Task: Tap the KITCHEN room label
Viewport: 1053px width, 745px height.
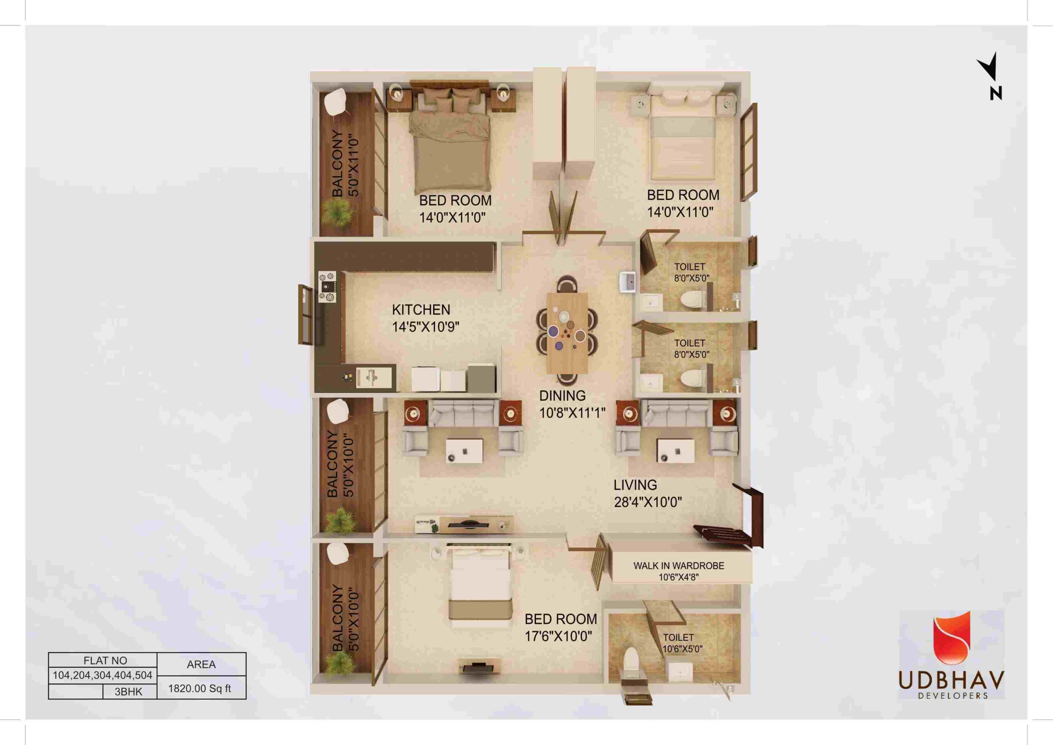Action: click(421, 310)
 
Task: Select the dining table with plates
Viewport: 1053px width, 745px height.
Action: click(567, 332)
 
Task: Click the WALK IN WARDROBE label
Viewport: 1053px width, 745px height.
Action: click(679, 566)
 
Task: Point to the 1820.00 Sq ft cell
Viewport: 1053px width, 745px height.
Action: click(199, 689)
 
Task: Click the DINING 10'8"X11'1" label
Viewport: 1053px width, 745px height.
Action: click(572, 404)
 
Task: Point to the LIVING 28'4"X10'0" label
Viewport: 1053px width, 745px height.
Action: click(647, 493)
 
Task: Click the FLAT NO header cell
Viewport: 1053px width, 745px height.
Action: click(105, 661)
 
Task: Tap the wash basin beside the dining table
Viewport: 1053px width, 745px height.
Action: click(627, 281)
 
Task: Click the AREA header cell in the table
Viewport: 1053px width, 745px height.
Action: click(201, 664)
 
